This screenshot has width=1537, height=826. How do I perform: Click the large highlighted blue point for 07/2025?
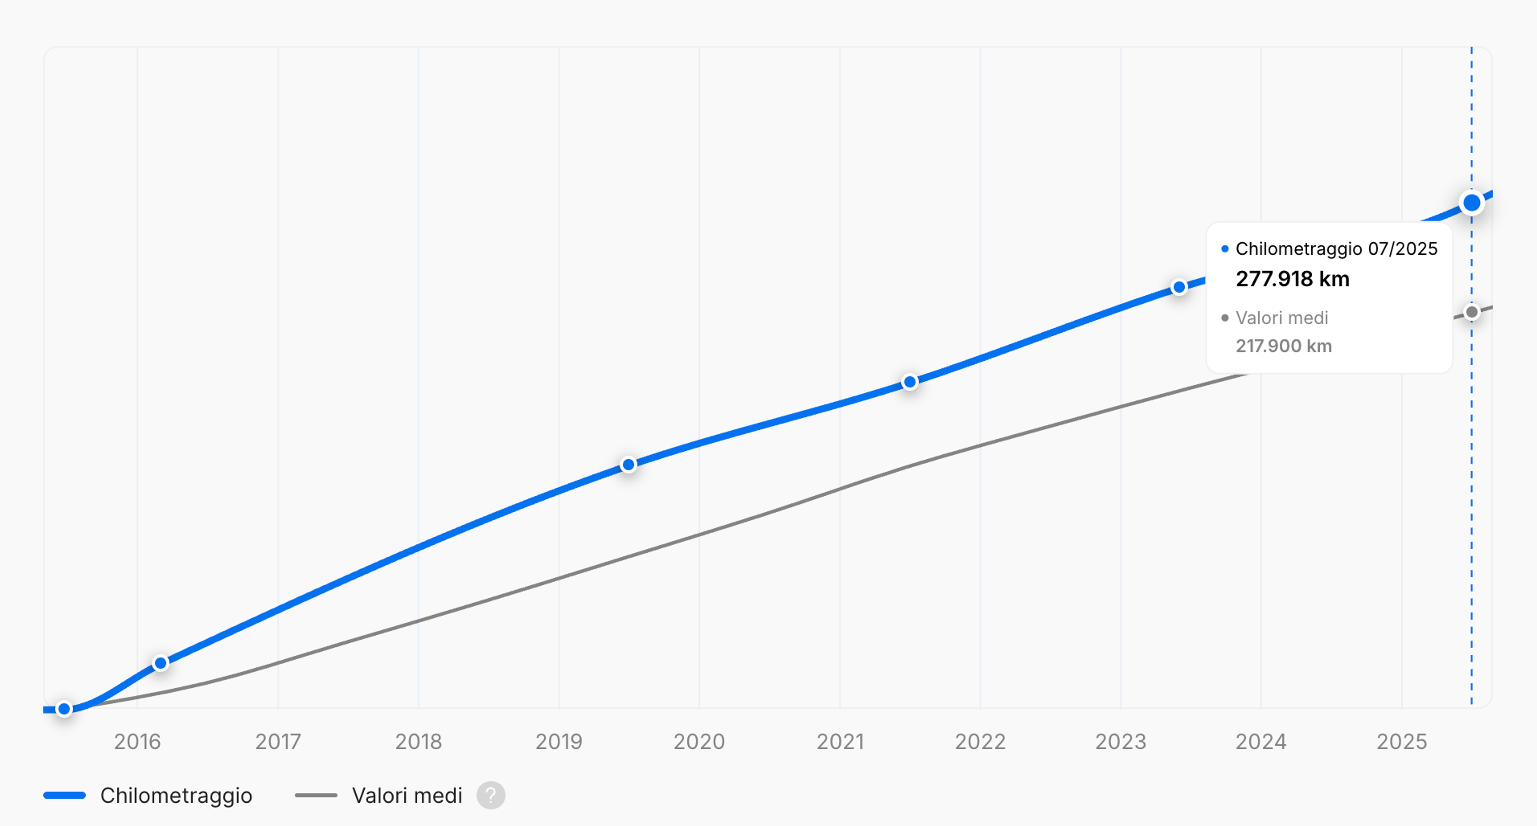pyautogui.click(x=1471, y=203)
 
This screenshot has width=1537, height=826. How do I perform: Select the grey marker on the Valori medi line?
pyautogui.click(x=1471, y=312)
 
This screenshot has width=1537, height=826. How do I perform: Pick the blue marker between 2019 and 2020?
pyautogui.click(x=628, y=464)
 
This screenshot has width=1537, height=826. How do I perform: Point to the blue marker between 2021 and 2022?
pyautogui.click(x=910, y=382)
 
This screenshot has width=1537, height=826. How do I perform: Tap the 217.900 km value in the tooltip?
pyautogui.click(x=1283, y=346)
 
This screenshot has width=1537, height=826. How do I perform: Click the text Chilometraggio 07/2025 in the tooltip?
pyautogui.click(x=1336, y=249)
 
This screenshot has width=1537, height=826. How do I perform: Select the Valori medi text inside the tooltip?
pyautogui.click(x=1282, y=318)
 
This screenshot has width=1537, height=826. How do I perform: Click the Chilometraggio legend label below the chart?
pyautogui.click(x=176, y=796)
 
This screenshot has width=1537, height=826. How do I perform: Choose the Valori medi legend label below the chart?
pyautogui.click(x=407, y=796)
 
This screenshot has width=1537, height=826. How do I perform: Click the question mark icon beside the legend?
pyautogui.click(x=490, y=796)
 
